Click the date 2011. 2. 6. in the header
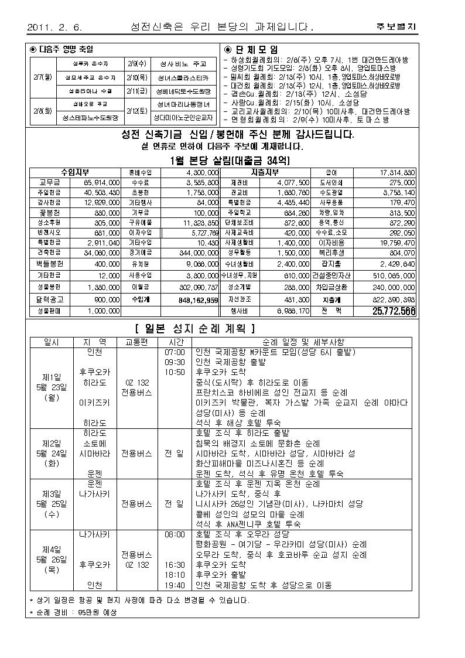coord(55,27)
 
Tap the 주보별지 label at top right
coord(396,27)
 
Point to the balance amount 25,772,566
coord(394,311)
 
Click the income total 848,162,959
coord(197,299)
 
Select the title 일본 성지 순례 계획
coord(195,328)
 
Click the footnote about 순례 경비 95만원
coord(73,612)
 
